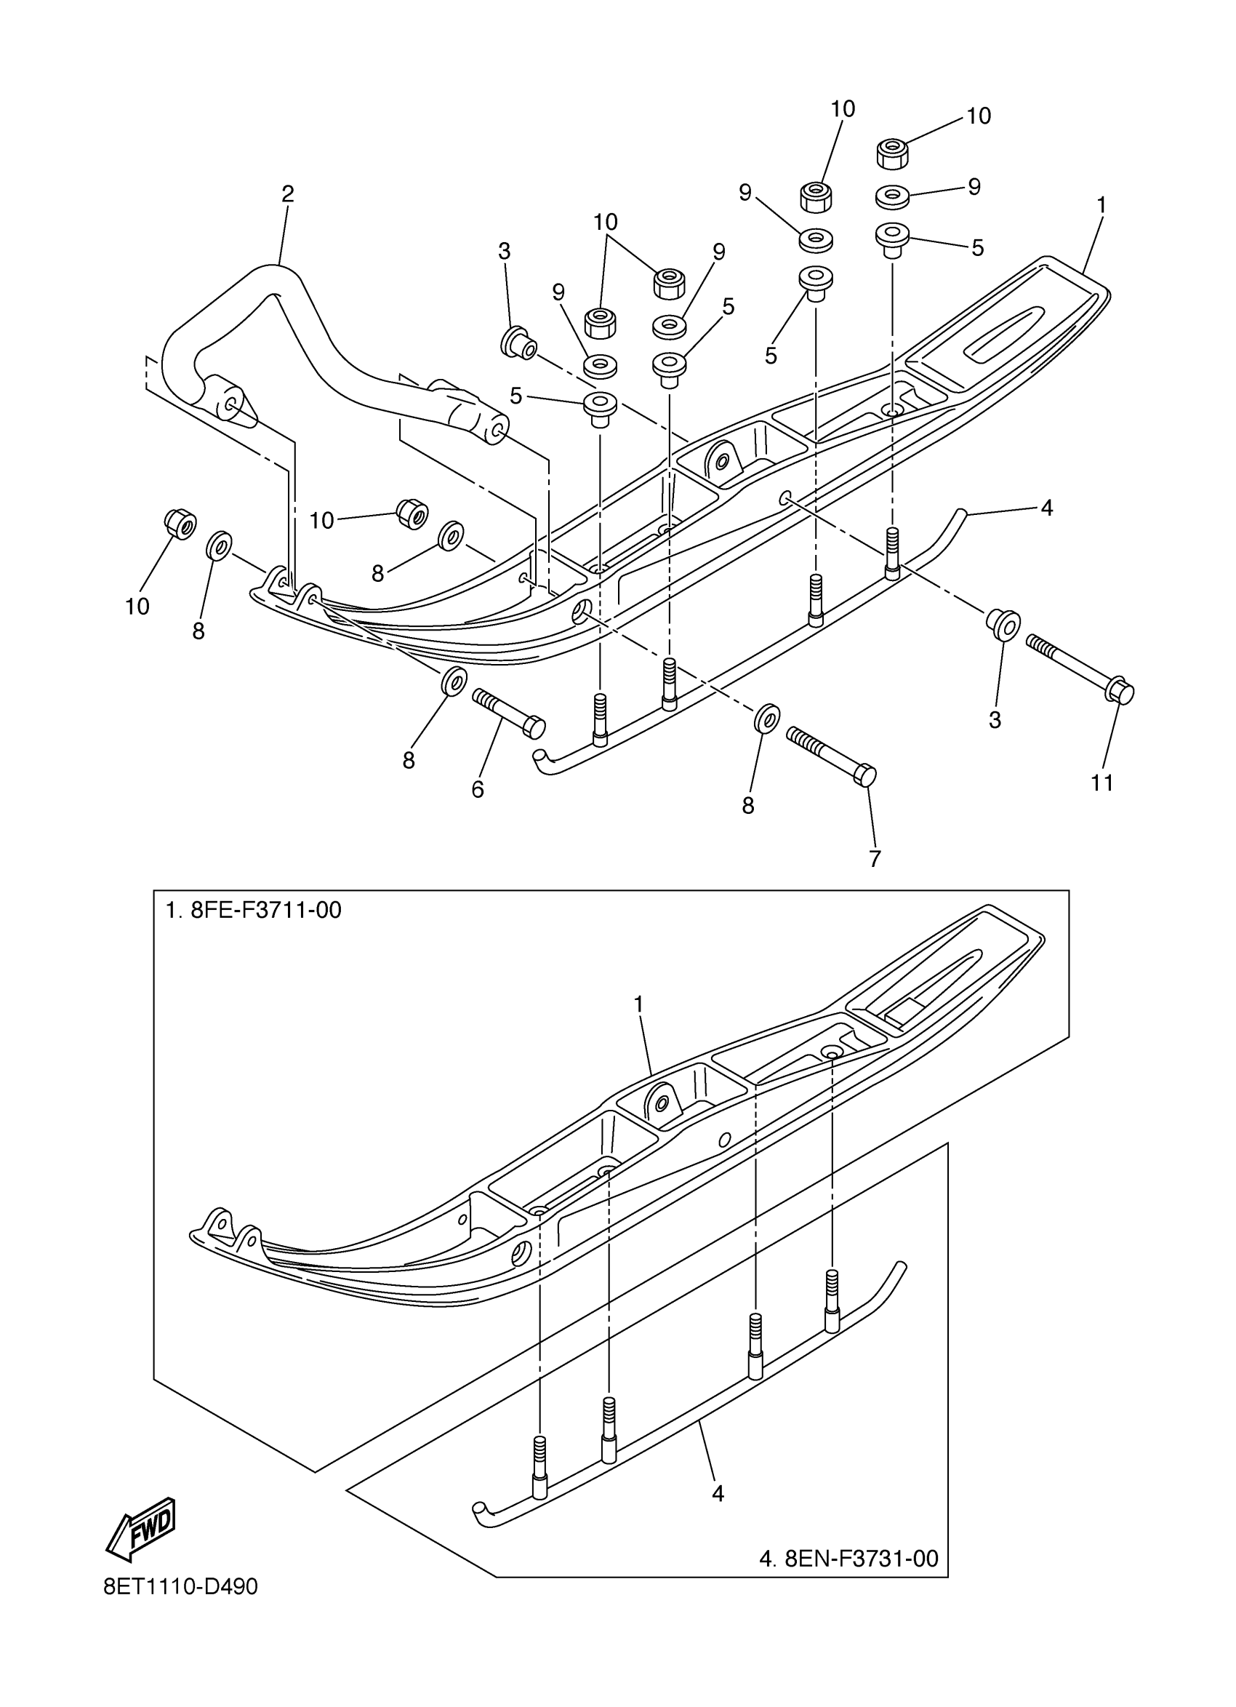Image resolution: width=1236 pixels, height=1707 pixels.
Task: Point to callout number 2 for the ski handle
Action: coord(287,194)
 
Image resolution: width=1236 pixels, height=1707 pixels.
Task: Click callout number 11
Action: coord(1102,783)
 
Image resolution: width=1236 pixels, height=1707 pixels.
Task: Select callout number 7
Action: coord(874,859)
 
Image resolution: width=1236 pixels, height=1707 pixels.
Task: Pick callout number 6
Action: coord(477,790)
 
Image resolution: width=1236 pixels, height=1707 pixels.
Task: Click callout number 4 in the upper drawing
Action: coord(1046,508)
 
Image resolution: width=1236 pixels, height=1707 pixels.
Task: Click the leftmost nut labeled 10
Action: coord(179,524)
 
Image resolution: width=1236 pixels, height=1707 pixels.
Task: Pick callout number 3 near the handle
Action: coord(504,252)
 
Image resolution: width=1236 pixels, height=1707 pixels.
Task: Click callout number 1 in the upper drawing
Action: coord(1101,204)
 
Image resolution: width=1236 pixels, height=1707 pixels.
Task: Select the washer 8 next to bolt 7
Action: coord(766,717)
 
